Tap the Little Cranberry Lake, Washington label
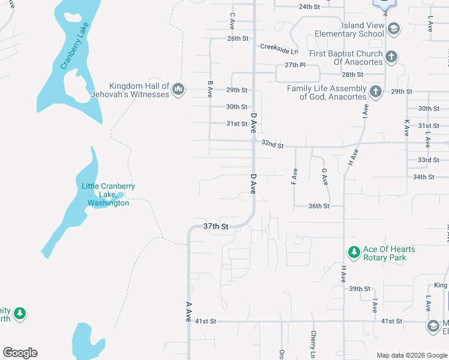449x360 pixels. coord(108,194)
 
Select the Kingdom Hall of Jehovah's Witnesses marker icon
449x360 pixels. coord(178,90)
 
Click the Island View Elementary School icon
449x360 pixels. coord(393,29)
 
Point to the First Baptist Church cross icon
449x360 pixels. coord(391,57)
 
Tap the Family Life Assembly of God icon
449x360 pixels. coord(376,92)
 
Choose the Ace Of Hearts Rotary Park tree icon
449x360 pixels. coord(354,253)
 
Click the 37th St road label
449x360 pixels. coord(216,226)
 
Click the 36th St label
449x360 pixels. coord(319,206)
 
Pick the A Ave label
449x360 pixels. coord(188,312)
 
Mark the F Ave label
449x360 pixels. coord(294,176)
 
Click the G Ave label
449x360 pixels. coord(324,176)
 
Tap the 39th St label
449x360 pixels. coord(360,289)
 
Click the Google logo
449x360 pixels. coord(20,353)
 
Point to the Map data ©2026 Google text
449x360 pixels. coord(411,355)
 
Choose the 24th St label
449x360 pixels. coord(310,7)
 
